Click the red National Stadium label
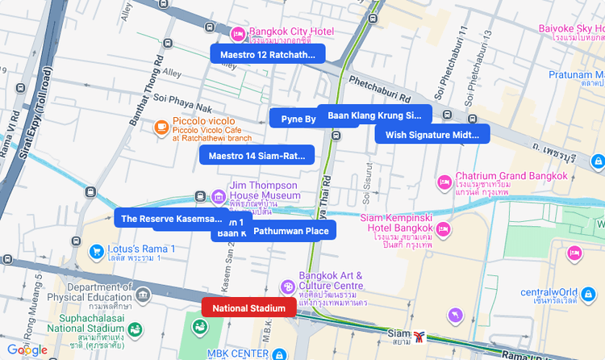[x=249, y=308]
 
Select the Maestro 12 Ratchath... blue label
[x=267, y=54]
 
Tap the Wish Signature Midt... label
[x=432, y=135]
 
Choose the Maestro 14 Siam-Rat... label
[x=257, y=155]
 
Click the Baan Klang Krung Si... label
[x=375, y=115]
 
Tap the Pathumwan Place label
[x=291, y=231]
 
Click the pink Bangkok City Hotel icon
[x=238, y=33]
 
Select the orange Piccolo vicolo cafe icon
[x=161, y=127]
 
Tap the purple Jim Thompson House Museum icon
[x=218, y=195]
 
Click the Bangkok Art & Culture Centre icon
[x=287, y=287]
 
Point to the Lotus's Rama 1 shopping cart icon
[x=97, y=251]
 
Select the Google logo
[x=27, y=350]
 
